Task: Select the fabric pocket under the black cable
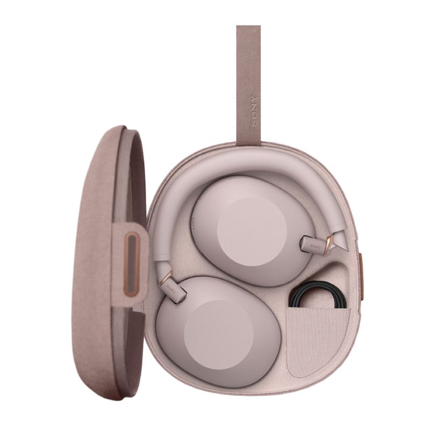point(317,339)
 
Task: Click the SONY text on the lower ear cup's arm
point(171,288)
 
